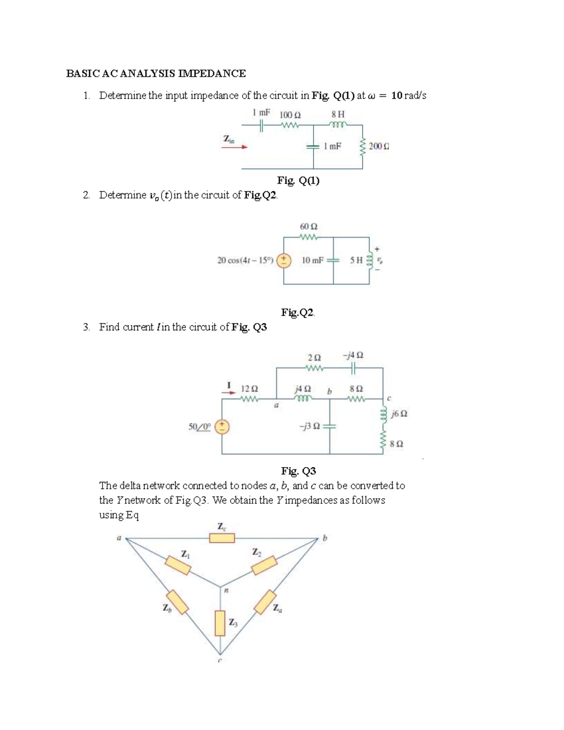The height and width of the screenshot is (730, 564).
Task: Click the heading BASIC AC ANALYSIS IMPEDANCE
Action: (156, 73)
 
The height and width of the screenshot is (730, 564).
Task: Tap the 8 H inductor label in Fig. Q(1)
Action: (337, 114)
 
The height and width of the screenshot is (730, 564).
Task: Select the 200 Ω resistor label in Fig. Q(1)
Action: (379, 146)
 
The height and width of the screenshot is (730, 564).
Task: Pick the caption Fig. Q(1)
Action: (298, 181)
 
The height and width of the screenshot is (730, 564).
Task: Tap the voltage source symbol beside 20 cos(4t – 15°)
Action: (283, 260)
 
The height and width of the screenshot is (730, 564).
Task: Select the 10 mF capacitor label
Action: (312, 260)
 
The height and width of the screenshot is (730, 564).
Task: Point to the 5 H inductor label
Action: (356, 260)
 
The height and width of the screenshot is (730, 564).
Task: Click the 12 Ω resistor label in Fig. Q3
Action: (249, 389)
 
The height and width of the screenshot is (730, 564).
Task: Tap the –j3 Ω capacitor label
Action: (309, 426)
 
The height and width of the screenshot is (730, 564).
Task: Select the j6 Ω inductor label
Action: (399, 414)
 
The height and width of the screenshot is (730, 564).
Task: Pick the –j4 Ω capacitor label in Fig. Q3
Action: (353, 356)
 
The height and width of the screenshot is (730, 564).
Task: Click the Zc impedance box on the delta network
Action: (222, 538)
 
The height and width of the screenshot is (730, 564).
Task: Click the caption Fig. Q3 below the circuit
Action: (298, 471)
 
